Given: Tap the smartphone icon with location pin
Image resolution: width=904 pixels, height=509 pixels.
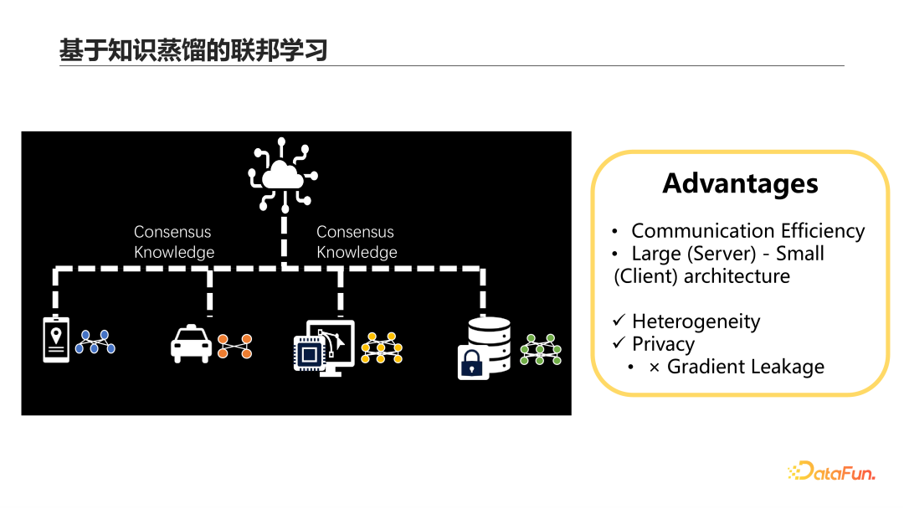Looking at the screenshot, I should [x=56, y=338].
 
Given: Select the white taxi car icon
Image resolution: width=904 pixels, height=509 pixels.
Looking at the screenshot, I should [x=192, y=343].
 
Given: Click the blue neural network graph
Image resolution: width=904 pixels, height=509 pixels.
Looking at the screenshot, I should [x=95, y=342].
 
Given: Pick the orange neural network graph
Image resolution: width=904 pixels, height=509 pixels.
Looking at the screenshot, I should [x=234, y=346].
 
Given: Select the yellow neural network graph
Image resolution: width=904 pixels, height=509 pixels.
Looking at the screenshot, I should [x=382, y=347].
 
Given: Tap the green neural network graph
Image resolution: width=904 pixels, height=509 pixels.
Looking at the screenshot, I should [x=541, y=348].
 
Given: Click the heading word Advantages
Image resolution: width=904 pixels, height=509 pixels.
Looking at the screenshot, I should [x=740, y=183].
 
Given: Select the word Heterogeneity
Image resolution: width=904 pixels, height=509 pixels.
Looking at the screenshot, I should [x=696, y=321].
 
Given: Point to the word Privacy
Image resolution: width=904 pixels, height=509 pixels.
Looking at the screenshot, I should [x=663, y=344].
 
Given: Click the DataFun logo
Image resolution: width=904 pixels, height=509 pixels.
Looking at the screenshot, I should [x=831, y=471].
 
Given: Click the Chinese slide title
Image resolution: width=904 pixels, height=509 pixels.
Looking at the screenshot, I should [x=193, y=50].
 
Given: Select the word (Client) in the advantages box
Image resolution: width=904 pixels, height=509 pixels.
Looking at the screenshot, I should [x=645, y=276].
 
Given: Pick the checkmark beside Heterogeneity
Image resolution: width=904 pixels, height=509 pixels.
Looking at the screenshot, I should [x=619, y=321].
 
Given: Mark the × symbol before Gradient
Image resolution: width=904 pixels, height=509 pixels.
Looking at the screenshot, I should [x=655, y=367].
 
